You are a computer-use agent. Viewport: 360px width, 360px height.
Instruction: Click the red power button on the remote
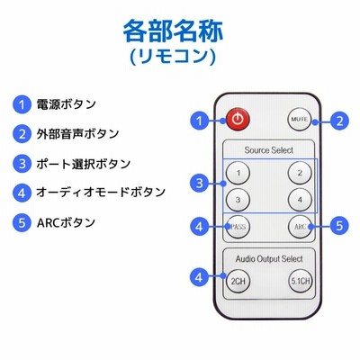(238, 120)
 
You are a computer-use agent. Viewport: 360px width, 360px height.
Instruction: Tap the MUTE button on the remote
(300, 119)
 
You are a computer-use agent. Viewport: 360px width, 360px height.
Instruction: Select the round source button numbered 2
(300, 173)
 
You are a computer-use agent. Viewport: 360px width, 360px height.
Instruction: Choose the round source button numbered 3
(238, 200)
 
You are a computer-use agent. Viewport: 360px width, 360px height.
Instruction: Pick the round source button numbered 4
(300, 200)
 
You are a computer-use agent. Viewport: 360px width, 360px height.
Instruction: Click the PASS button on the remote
(238, 227)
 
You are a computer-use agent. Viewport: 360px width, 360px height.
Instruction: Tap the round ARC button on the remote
(300, 227)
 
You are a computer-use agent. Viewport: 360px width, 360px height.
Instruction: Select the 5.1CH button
(301, 281)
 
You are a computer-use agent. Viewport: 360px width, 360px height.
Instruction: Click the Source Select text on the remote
(269, 150)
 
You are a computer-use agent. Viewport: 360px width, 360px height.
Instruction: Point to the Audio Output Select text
(269, 258)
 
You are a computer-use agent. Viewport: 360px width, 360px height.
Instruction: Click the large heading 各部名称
(173, 31)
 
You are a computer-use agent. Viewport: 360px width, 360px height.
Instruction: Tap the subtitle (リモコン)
(173, 56)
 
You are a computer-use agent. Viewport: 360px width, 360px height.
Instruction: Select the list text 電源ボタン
(66, 104)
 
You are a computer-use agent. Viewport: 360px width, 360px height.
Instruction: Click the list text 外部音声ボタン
(77, 134)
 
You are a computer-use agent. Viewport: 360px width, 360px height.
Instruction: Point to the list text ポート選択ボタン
(84, 164)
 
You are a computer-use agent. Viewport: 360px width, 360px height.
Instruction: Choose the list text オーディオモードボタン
(101, 193)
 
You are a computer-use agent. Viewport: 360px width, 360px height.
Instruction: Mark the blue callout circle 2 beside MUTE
(339, 121)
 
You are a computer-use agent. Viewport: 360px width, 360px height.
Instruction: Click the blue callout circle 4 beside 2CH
(199, 277)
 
